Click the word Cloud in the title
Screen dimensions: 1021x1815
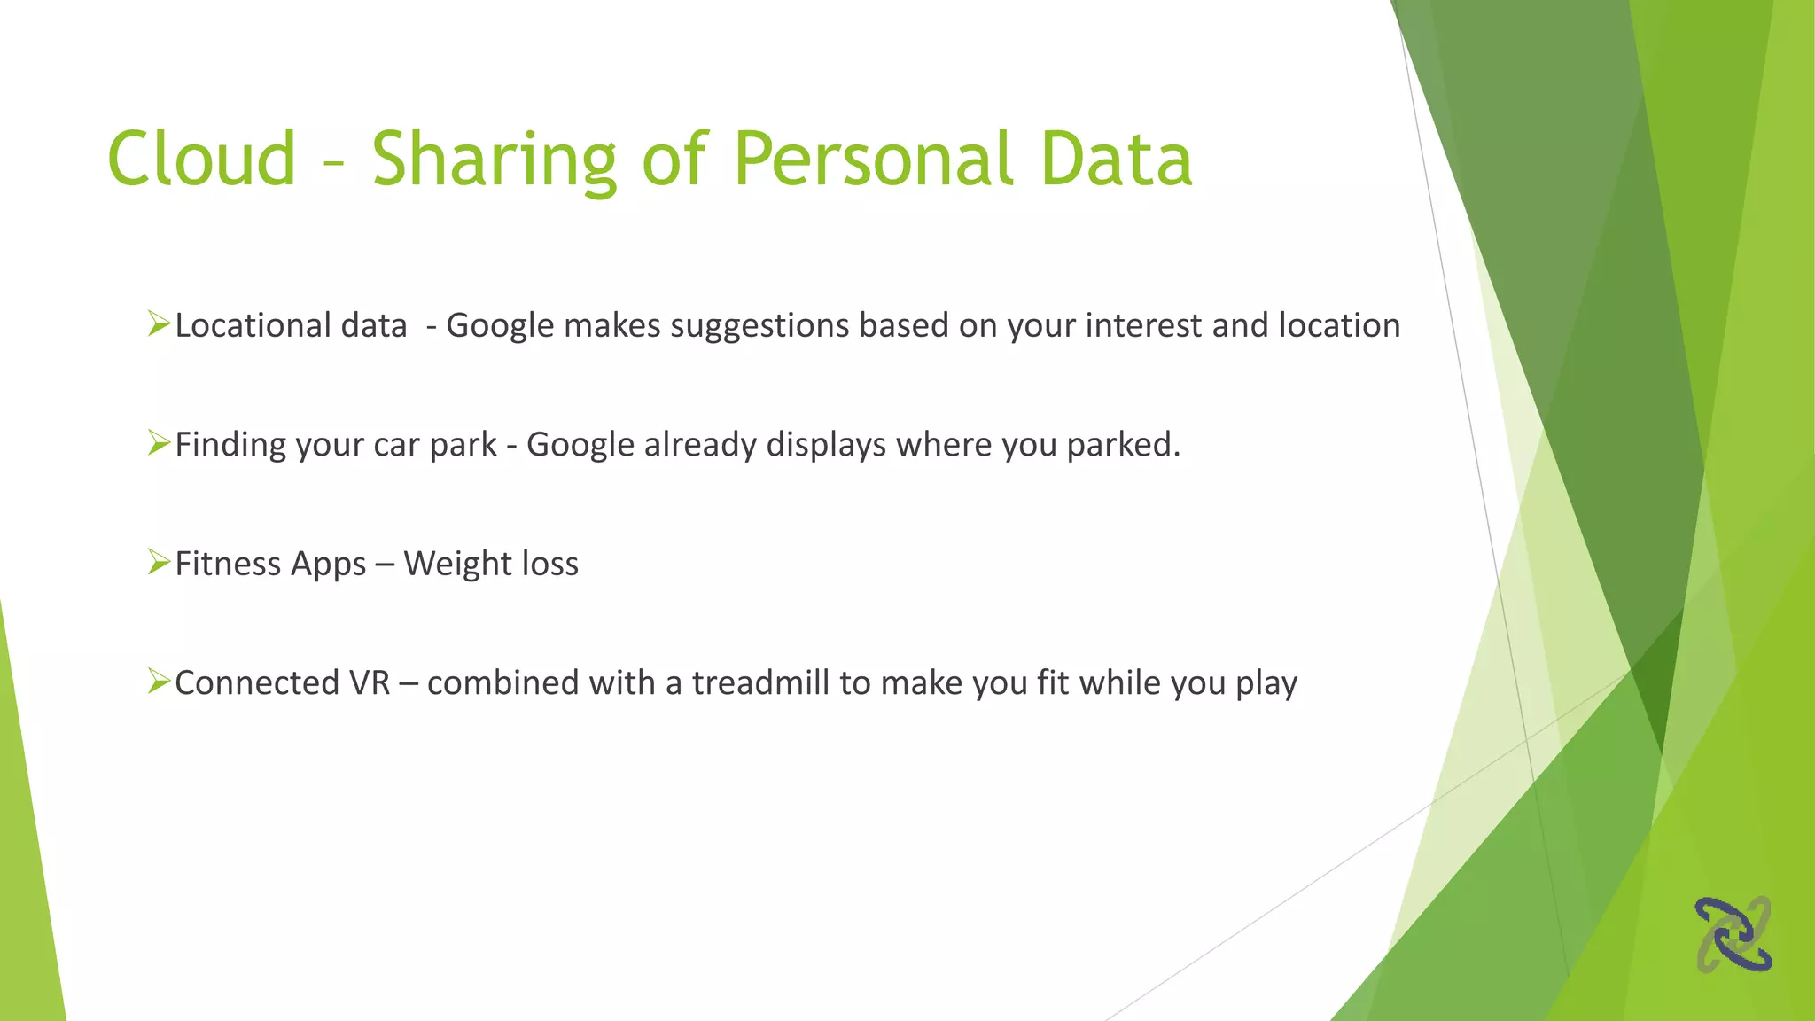(201, 160)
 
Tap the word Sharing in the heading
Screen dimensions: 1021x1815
(493, 160)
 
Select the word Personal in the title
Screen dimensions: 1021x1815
(873, 160)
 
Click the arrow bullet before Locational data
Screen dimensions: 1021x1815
(159, 323)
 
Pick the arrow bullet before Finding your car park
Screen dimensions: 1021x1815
(159, 442)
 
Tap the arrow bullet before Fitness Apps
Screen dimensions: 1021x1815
(159, 562)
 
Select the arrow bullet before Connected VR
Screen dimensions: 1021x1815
(159, 681)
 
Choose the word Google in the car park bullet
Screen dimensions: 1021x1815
(580, 445)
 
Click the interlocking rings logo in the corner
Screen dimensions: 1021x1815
(1733, 934)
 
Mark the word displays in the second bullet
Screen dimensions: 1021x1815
(825, 445)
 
